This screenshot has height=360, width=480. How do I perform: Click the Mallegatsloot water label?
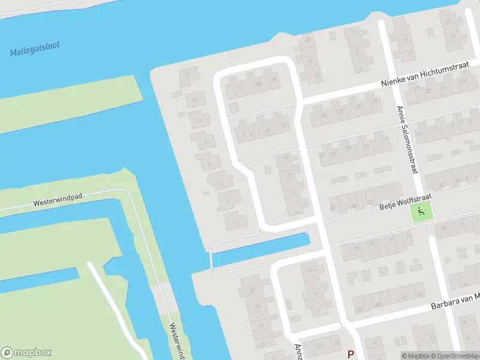(x=35, y=49)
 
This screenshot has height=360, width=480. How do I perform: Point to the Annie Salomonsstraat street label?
(x=406, y=140)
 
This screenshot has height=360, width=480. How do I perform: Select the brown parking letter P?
(x=350, y=354)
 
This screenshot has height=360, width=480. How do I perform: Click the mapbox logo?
(x=26, y=353)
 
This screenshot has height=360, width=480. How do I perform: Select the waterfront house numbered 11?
(x=199, y=119)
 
